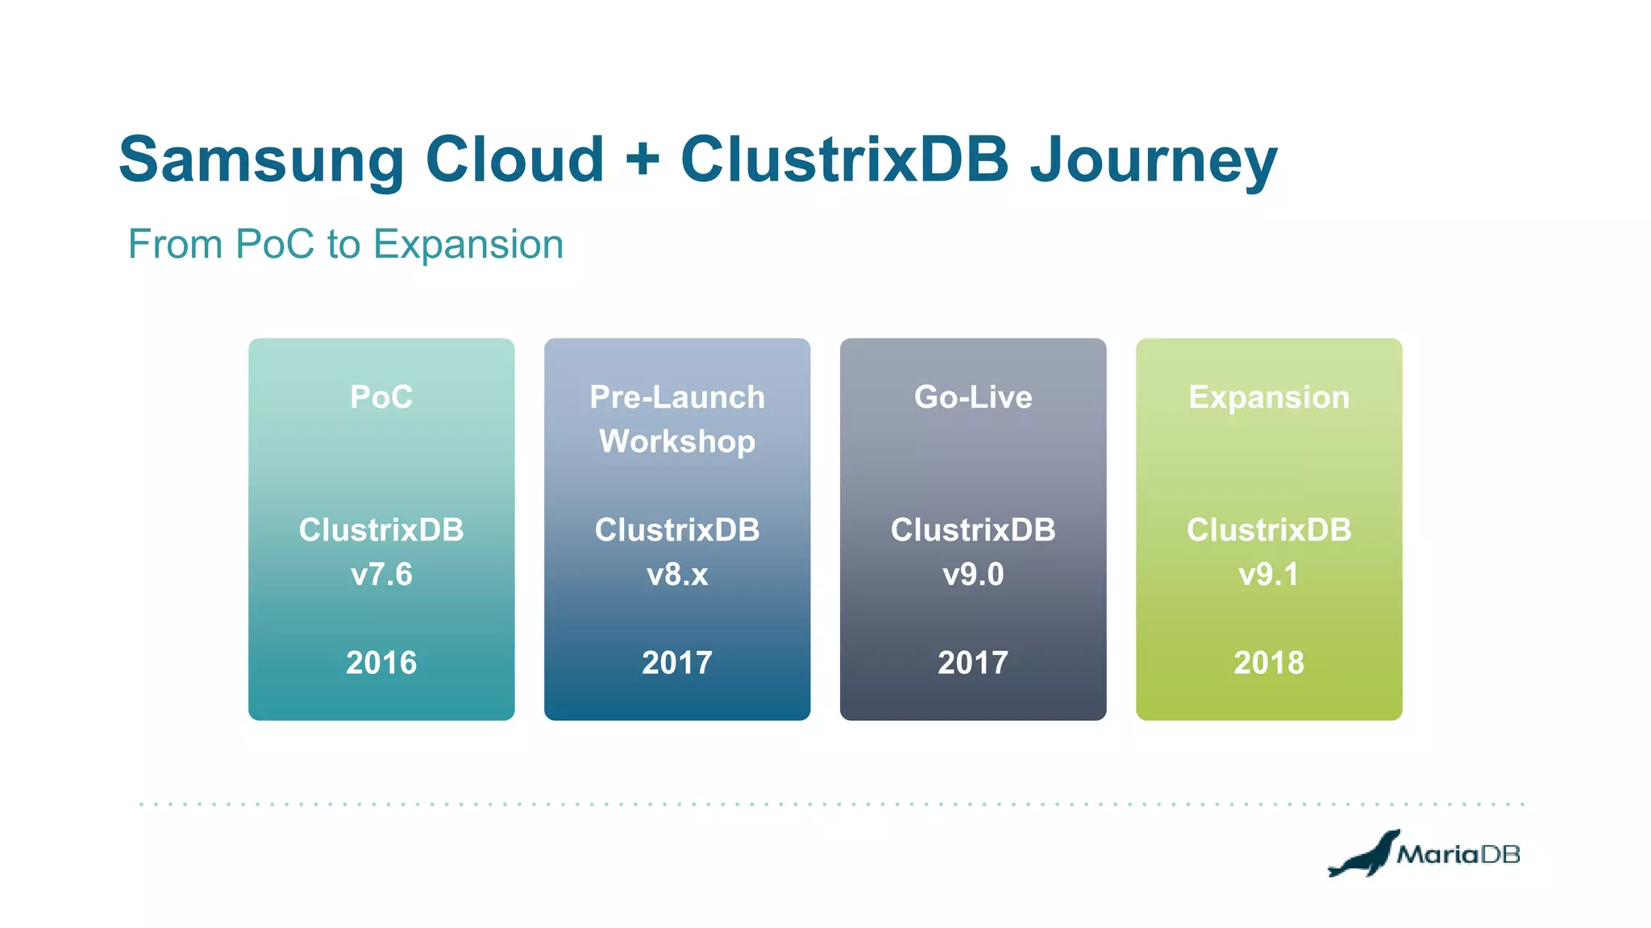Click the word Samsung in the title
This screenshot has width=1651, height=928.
260,159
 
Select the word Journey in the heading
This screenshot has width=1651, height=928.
1154,159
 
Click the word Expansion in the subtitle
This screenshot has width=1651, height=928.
468,244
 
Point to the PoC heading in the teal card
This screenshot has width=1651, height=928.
381,397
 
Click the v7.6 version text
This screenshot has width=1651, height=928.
381,574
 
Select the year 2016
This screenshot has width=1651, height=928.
381,663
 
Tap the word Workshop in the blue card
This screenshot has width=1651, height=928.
677,441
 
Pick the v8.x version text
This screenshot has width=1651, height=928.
677,574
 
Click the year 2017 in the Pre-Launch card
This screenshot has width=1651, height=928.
677,663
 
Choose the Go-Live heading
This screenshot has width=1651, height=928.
973,397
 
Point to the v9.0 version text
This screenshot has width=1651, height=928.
973,574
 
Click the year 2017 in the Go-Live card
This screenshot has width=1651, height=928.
973,663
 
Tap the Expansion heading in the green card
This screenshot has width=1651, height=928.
1269,397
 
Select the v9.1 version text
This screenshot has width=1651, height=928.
1269,574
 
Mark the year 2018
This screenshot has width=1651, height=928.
1269,663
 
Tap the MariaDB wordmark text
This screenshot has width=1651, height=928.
1458,854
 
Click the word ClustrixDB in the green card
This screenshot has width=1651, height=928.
1269,530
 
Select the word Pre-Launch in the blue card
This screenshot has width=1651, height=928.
677,397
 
